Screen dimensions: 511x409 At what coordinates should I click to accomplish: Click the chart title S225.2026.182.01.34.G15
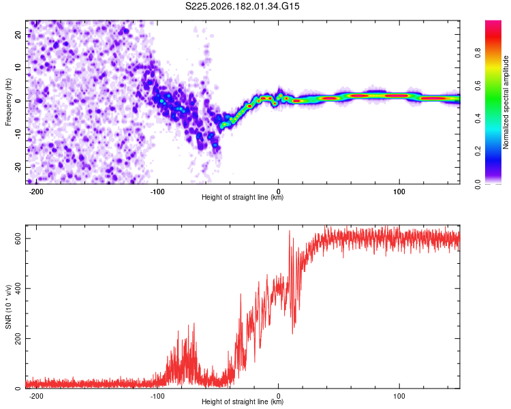click(x=242, y=6)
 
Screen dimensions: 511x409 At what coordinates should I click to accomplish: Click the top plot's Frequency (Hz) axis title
click(x=8, y=102)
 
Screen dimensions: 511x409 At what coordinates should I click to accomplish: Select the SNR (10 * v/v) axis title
click(x=8, y=307)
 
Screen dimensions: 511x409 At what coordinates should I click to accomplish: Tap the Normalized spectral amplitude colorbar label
click(x=506, y=102)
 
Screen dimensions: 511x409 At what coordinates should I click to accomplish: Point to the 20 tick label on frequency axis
click(x=18, y=34)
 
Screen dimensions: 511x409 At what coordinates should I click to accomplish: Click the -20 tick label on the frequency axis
click(x=18, y=167)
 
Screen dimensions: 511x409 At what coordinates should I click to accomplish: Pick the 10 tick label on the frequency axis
click(x=18, y=67)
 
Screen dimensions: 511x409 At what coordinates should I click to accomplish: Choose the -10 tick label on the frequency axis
click(x=18, y=134)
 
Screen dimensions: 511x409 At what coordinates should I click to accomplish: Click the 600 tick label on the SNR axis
click(x=18, y=239)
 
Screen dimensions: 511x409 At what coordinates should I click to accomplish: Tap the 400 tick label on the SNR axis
click(x=18, y=288)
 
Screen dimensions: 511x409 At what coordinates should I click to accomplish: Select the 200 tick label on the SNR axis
click(x=18, y=339)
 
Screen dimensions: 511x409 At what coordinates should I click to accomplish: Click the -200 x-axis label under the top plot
click(x=36, y=192)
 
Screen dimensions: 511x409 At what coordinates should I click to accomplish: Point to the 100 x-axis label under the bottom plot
click(x=399, y=396)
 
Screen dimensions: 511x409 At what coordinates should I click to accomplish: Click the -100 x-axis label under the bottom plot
click(x=157, y=396)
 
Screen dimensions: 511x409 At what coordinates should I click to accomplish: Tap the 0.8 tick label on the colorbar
click(x=478, y=53)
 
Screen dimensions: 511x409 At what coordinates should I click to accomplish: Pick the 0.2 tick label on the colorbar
click(x=478, y=151)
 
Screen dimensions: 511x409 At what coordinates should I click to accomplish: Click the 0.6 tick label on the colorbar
click(x=478, y=85)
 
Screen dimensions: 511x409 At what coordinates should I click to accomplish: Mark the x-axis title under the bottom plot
click(x=243, y=402)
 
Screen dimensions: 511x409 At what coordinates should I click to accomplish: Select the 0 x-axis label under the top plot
click(x=278, y=192)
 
